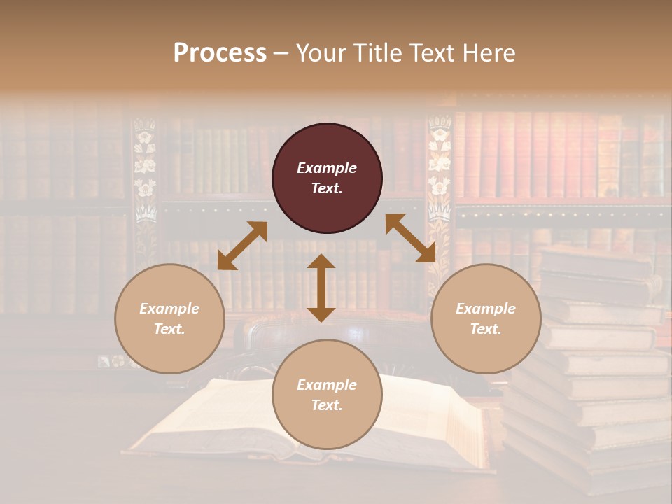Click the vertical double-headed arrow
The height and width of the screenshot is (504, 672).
(321, 288)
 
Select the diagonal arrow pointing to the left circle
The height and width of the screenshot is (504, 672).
(242, 246)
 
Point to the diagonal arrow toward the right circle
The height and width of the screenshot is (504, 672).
(410, 238)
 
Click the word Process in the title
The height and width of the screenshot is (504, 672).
(220, 53)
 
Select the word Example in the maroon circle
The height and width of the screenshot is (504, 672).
(327, 168)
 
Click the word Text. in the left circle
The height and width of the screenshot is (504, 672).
(169, 329)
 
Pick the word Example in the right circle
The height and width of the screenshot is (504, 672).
(486, 309)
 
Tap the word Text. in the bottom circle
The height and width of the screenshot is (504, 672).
(327, 405)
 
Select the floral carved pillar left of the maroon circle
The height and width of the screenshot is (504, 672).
(145, 175)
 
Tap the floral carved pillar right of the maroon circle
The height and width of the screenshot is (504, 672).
(440, 175)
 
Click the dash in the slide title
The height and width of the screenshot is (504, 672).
(281, 53)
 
